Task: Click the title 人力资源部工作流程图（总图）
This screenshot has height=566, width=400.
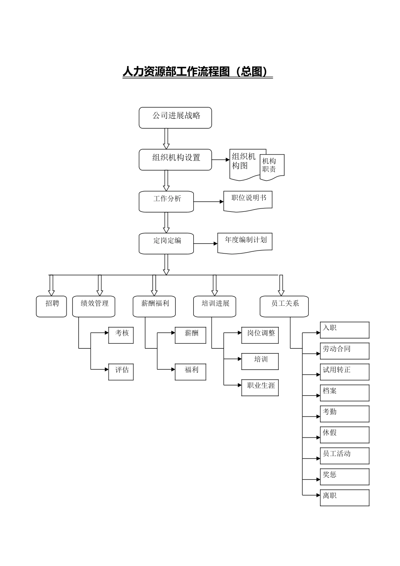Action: pos(197,72)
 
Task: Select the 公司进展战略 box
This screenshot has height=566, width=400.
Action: pos(175,117)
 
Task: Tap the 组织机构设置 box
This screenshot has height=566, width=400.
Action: pos(175,160)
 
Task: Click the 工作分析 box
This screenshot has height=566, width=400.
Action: pos(166,201)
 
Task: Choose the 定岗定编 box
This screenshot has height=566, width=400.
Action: pos(166,243)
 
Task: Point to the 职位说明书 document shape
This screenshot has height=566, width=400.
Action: pos(248,200)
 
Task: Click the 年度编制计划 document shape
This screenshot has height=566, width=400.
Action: pos(245,243)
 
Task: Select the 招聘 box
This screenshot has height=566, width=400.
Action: pos(51,306)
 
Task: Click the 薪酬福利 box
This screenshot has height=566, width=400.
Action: pos(154,306)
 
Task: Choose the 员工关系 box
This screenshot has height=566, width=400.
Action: pos(284,306)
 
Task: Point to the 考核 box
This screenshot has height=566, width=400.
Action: pos(121,335)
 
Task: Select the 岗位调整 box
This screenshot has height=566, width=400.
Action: pos(260,335)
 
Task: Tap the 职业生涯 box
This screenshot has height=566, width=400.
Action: pos(260,387)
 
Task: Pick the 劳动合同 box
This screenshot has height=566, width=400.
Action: pos(344,351)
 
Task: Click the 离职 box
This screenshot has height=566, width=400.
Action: pos(344,497)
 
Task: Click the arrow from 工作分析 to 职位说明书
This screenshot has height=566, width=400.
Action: pos(209,202)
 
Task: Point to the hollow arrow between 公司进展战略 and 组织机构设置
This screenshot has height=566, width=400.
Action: pos(166,139)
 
